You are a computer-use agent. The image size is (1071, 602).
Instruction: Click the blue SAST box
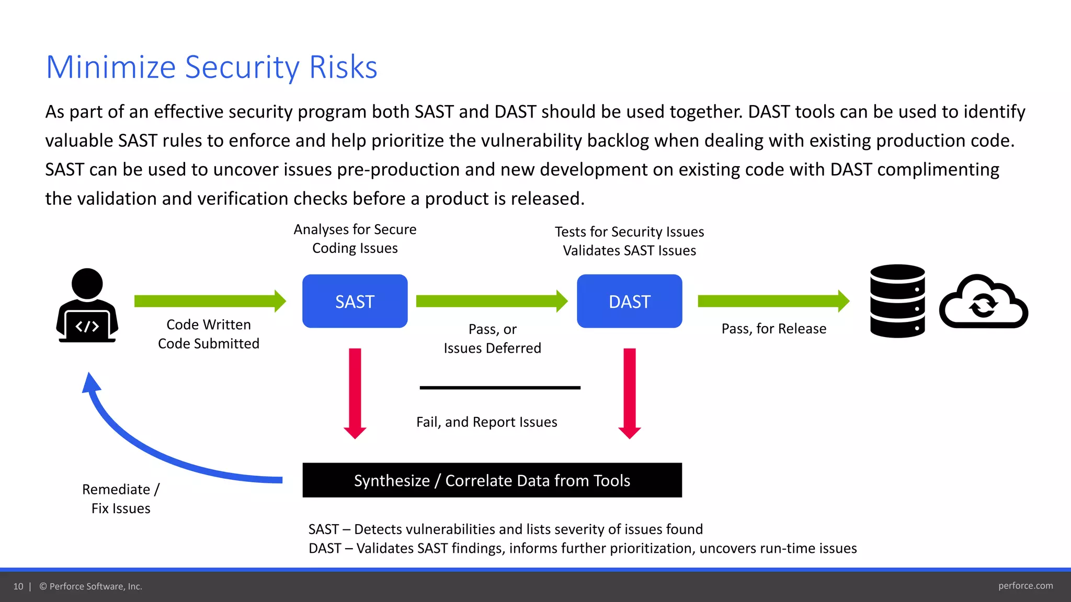(x=355, y=301)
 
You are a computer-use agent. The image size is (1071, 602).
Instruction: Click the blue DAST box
(x=629, y=301)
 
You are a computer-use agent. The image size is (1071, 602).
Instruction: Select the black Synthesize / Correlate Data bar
(x=492, y=480)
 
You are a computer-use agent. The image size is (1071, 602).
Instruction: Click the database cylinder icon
(x=897, y=301)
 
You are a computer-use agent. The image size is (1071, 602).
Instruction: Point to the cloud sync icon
(x=983, y=303)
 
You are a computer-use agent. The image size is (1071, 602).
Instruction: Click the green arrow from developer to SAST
(x=209, y=301)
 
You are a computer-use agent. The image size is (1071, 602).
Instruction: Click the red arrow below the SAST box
(x=355, y=392)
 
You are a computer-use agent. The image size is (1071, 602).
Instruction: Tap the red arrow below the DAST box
(x=630, y=392)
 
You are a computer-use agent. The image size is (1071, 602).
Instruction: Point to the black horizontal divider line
(x=499, y=388)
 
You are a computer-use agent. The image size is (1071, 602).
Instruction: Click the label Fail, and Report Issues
(x=486, y=422)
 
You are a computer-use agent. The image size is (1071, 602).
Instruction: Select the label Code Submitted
(x=208, y=343)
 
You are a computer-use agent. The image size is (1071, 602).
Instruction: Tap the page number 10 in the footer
(x=18, y=586)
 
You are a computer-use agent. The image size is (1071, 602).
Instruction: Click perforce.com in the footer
(x=1025, y=586)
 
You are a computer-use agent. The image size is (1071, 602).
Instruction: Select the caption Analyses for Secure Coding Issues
(x=355, y=238)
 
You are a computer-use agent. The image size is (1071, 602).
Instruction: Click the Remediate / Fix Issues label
(x=121, y=499)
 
